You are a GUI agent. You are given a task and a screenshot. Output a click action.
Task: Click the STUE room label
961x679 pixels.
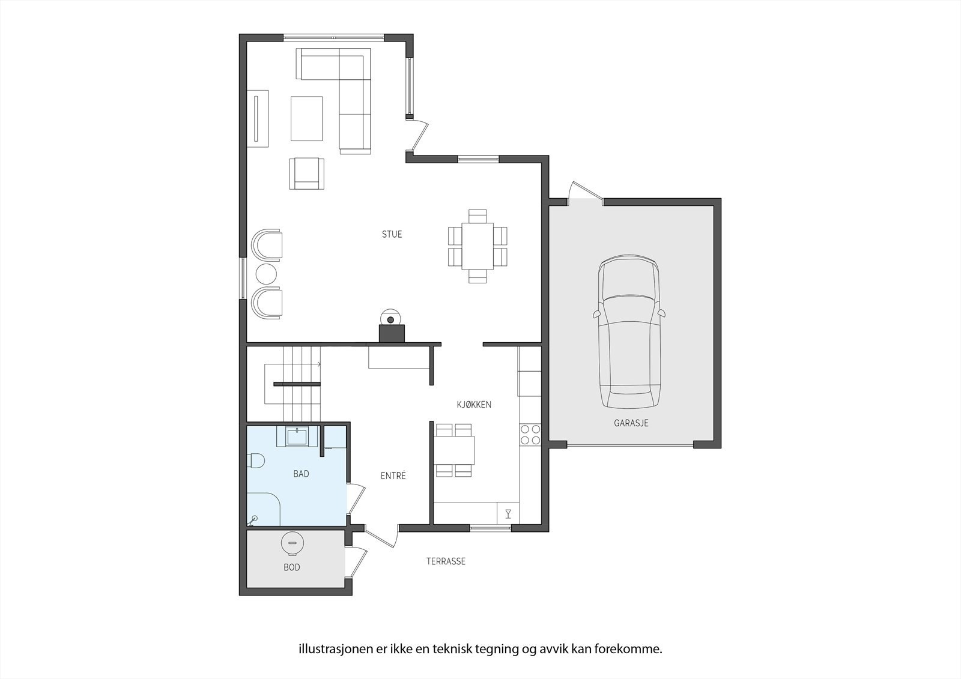pos(392,234)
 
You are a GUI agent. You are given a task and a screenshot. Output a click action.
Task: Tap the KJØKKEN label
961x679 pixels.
pos(474,405)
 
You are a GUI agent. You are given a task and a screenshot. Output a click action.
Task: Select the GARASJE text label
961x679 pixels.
pos(631,423)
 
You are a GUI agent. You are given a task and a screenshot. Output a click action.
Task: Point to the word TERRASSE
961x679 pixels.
pos(446,561)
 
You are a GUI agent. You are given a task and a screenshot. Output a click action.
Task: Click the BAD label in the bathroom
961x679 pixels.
pos(301,474)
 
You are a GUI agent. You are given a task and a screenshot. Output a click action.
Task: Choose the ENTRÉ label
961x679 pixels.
pos(393,475)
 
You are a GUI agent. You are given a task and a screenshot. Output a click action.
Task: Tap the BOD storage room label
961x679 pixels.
pos(292,567)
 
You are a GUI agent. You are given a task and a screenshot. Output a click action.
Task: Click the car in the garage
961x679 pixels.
pos(629,331)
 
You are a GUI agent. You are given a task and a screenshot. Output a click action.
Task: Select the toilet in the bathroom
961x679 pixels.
pos(256,460)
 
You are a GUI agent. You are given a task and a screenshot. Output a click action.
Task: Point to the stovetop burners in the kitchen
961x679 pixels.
pos(530,435)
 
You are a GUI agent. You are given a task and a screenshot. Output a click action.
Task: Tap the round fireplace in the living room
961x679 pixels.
pos(391,319)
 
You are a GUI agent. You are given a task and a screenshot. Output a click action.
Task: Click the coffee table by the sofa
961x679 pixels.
pos(307,118)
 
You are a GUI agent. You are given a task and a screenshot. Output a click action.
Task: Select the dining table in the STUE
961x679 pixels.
pos(477,246)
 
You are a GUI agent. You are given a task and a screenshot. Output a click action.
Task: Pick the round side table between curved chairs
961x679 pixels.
pos(266,274)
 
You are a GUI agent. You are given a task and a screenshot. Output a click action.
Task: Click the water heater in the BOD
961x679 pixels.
pos(292,544)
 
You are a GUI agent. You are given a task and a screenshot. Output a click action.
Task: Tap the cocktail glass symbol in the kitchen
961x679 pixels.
pos(508,513)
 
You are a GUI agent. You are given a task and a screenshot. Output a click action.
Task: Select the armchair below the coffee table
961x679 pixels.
pos(307,174)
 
